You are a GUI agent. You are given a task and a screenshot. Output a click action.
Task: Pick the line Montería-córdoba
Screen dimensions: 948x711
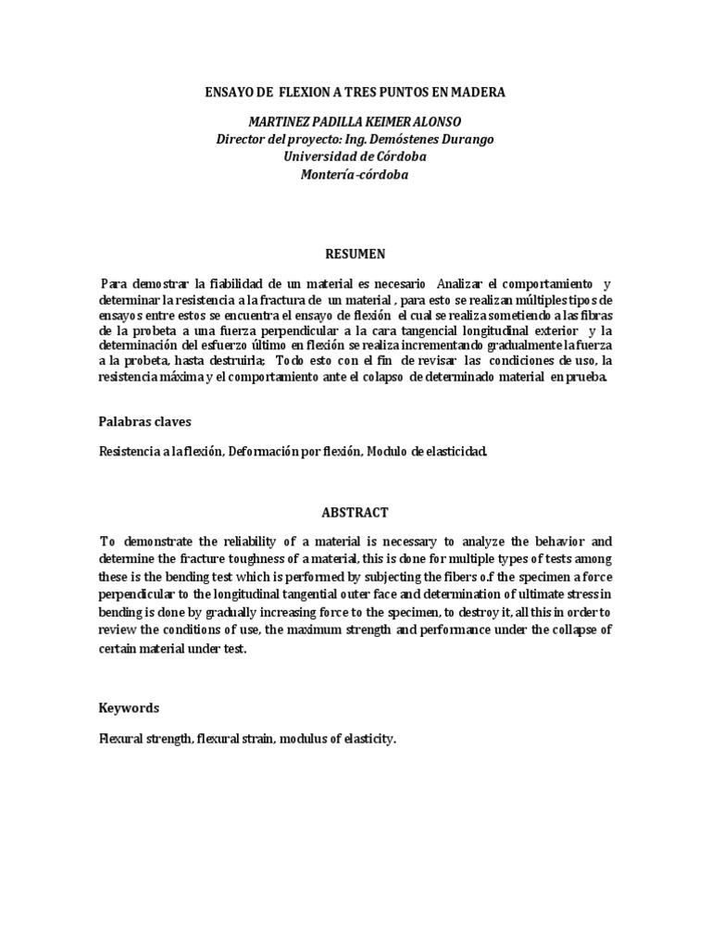point(355,173)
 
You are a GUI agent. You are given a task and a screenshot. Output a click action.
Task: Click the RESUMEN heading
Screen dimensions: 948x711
point(355,253)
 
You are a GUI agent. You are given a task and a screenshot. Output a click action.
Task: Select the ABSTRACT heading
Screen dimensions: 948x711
point(355,512)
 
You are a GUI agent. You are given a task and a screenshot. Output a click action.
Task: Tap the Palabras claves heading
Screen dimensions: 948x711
point(144,421)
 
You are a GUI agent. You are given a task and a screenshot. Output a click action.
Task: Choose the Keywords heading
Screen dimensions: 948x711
point(129,708)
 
